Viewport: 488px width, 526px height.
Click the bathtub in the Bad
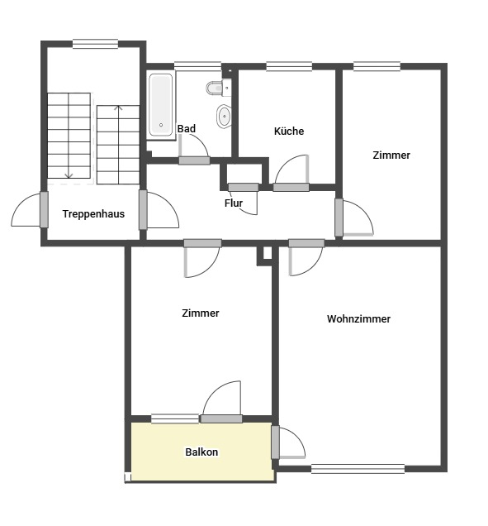pyautogui.click(x=161, y=105)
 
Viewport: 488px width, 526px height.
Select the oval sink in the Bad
pyautogui.click(x=224, y=117)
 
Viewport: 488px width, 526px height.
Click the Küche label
pyautogui.click(x=289, y=131)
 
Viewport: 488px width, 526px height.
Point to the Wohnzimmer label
pyautogui.click(x=358, y=318)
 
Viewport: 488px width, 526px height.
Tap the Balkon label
pyautogui.click(x=201, y=452)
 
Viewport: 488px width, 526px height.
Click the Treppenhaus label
pyautogui.click(x=93, y=213)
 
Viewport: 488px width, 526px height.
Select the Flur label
pyautogui.click(x=234, y=203)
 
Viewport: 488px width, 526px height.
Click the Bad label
pyautogui.click(x=187, y=128)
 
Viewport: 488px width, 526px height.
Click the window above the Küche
pyautogui.click(x=289, y=66)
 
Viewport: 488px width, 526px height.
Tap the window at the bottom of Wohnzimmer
pyautogui.click(x=358, y=469)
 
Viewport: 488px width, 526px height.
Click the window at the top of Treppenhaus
pyautogui.click(x=95, y=44)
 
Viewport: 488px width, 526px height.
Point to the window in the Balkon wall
pyautogui.click(x=175, y=418)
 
